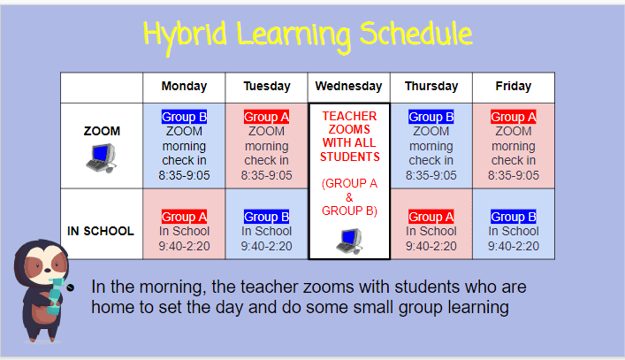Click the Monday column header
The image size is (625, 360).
pyautogui.click(x=184, y=86)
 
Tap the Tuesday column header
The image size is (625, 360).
pyautogui.click(x=267, y=86)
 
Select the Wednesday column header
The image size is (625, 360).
pyautogui.click(x=349, y=86)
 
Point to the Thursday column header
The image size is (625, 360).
pyautogui.click(x=431, y=86)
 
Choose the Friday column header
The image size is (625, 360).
pyautogui.click(x=514, y=86)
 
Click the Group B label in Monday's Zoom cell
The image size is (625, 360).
pyautogui.click(x=184, y=117)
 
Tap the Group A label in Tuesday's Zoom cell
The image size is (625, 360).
pyautogui.click(x=266, y=117)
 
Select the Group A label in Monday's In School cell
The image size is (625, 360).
pyautogui.click(x=184, y=217)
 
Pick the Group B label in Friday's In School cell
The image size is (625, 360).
pyautogui.click(x=514, y=217)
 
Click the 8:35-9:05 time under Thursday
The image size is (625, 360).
pyautogui.click(x=431, y=175)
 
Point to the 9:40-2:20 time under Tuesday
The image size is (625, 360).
pyautogui.click(x=266, y=246)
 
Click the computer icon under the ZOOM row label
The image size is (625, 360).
pyautogui.click(x=102, y=158)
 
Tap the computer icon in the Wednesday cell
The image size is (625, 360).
pyautogui.click(x=349, y=241)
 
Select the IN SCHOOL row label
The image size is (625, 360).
pyautogui.click(x=101, y=231)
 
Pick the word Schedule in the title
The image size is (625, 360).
pyautogui.click(x=415, y=34)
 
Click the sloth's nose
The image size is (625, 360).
pyautogui.click(x=48, y=270)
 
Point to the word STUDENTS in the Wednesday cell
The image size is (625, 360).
pyautogui.click(x=350, y=157)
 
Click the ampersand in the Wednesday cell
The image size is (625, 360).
pyautogui.click(x=349, y=197)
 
